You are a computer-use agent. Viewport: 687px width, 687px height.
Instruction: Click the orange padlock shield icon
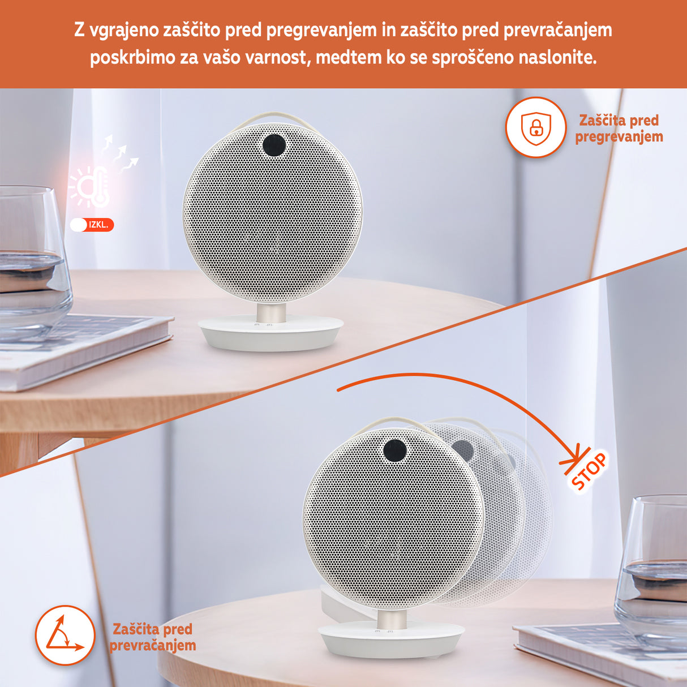[535, 128]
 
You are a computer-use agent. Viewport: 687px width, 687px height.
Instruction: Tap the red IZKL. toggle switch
[92, 225]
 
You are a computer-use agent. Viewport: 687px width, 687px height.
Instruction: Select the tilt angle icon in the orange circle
[65, 635]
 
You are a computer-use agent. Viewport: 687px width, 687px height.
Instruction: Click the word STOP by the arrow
[589, 471]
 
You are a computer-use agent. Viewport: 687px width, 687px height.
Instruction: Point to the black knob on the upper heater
[274, 145]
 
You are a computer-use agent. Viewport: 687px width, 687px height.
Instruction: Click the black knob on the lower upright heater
[395, 451]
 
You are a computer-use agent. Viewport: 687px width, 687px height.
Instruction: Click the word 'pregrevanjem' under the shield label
[619, 137]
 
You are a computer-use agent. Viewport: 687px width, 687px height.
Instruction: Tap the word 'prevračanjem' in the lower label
[153, 646]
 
